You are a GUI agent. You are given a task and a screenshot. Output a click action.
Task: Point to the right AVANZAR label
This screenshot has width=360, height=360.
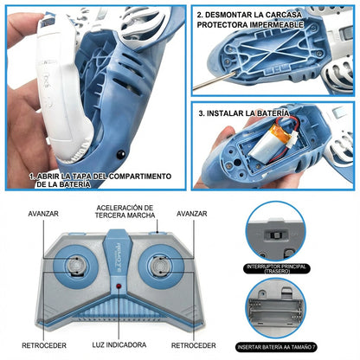click(x=193, y=213)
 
